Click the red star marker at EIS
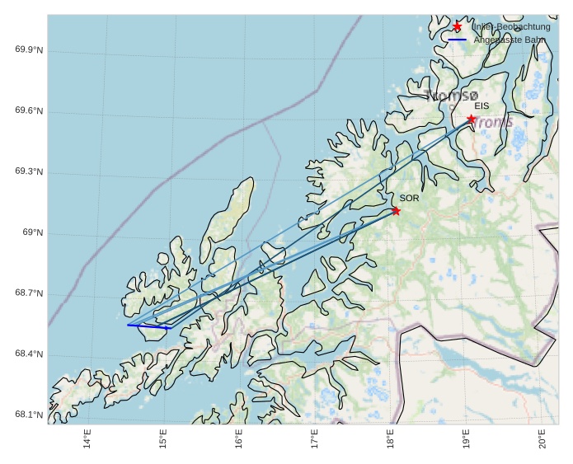(471, 119)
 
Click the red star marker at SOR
(396, 211)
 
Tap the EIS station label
(481, 106)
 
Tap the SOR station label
(409, 199)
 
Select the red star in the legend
(458, 26)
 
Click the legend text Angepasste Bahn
(509, 40)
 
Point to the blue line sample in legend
(458, 40)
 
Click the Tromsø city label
(451, 96)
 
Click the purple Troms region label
(493, 123)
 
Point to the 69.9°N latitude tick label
(29, 50)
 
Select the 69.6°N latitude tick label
(29, 111)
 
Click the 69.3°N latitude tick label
(29, 172)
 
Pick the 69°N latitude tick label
(32, 233)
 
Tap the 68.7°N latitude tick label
(29, 294)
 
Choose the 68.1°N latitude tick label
(29, 415)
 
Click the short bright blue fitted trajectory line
(148, 326)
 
